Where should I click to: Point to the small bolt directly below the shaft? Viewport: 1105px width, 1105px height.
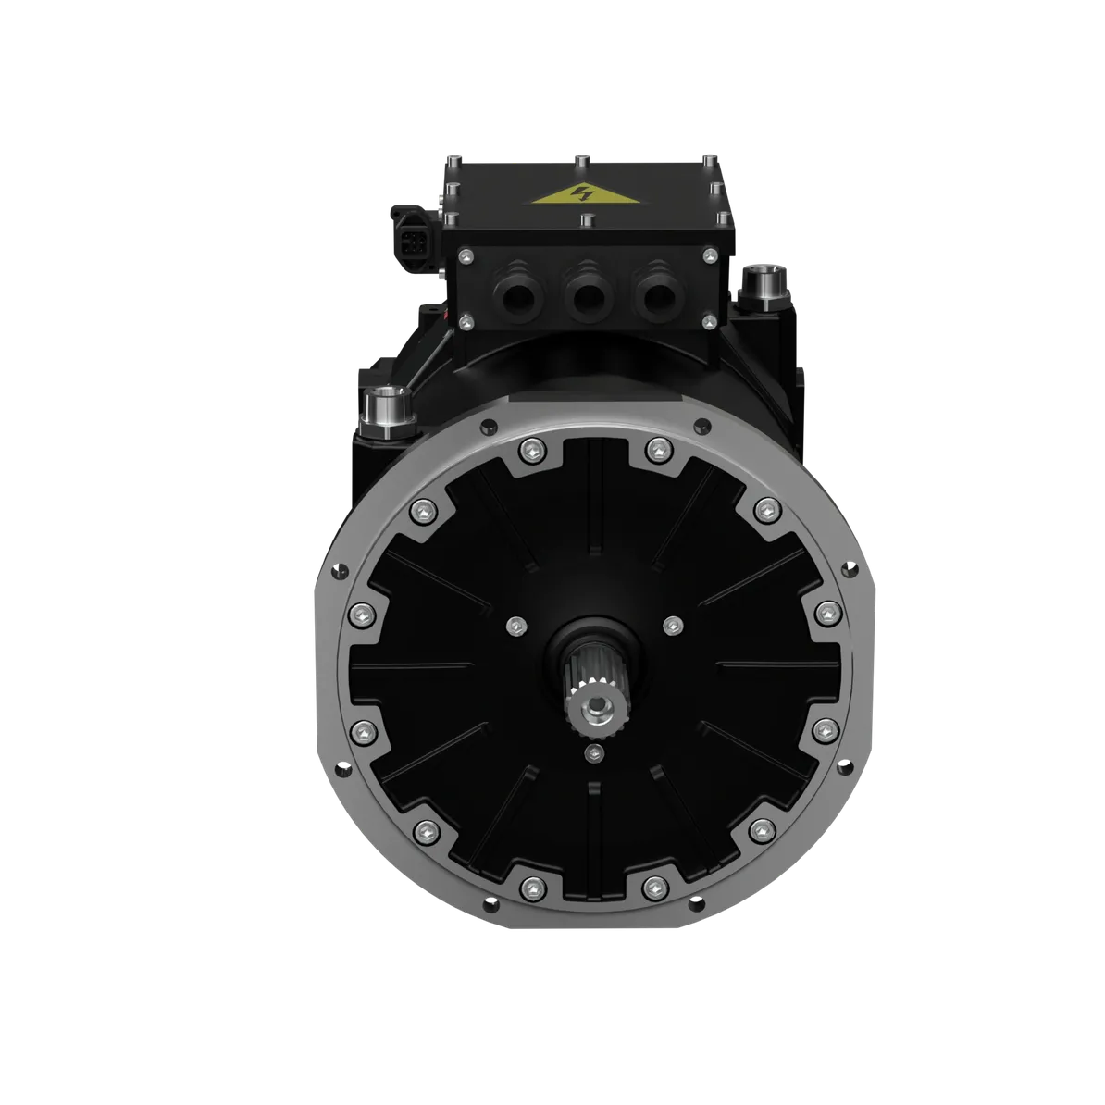(x=590, y=754)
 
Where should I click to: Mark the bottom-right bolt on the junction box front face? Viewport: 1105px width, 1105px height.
(x=709, y=321)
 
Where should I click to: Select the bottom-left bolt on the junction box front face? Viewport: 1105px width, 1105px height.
(x=466, y=321)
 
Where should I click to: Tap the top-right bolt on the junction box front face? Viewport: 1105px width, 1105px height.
(x=709, y=255)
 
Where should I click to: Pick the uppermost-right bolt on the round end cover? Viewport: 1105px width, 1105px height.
(x=655, y=449)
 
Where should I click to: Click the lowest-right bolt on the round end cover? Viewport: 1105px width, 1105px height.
(x=654, y=888)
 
